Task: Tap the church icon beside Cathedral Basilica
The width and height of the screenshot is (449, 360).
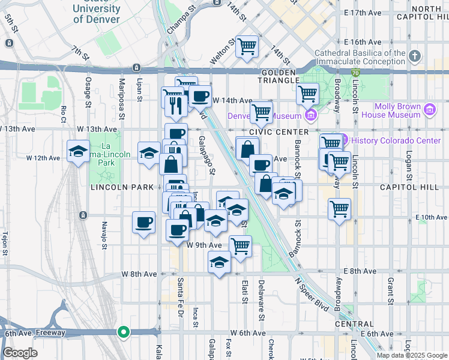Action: click(x=414, y=57)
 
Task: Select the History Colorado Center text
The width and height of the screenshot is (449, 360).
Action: click(x=396, y=140)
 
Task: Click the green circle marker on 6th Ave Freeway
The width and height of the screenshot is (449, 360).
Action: click(x=124, y=331)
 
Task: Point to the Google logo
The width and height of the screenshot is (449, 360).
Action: click(x=20, y=353)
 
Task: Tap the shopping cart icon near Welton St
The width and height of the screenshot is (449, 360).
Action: click(x=247, y=46)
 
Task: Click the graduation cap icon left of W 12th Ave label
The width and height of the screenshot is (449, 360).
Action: click(x=78, y=152)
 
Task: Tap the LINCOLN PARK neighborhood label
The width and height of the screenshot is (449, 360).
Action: click(x=122, y=187)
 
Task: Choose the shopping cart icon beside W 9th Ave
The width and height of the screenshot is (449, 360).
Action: click(x=240, y=245)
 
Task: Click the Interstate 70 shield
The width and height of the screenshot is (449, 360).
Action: click(x=355, y=73)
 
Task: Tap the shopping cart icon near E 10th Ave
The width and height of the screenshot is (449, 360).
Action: click(x=340, y=209)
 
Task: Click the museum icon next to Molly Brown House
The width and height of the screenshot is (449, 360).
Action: click(x=429, y=110)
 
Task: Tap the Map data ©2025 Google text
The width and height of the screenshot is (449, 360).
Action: click(x=412, y=355)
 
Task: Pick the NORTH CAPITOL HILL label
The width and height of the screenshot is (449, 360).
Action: click(x=419, y=13)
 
